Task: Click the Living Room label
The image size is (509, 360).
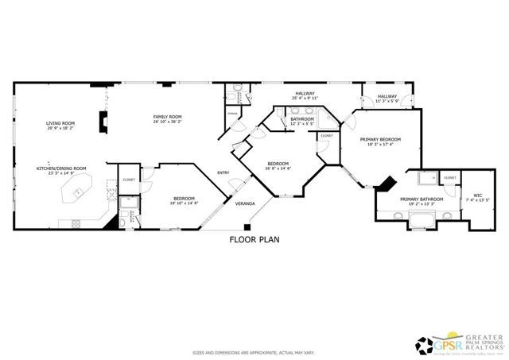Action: point(60,123)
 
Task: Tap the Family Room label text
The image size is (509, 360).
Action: point(168,118)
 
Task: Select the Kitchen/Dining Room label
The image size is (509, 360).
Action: point(61,168)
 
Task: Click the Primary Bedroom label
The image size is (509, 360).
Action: point(384,139)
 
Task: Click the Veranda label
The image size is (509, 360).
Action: point(245,204)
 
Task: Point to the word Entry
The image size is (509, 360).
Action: point(223,173)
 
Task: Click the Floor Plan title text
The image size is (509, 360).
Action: point(254,239)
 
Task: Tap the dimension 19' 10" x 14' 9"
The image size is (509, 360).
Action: point(185,203)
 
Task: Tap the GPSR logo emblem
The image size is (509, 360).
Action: point(425,343)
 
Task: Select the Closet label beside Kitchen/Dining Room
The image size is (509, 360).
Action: point(129,180)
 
